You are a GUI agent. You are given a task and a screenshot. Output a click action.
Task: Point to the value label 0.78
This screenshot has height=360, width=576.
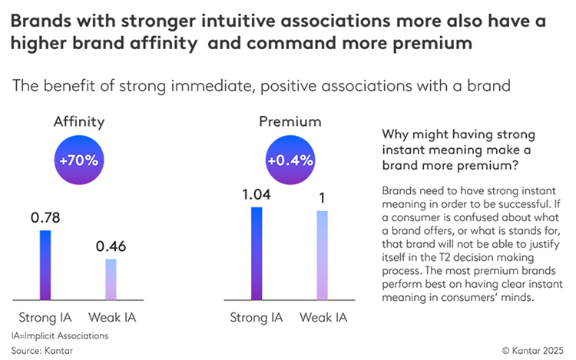[45, 217]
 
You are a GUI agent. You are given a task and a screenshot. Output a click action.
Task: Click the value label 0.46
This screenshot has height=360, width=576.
[111, 246]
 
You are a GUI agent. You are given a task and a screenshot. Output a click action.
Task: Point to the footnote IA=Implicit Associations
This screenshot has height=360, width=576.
[60, 335]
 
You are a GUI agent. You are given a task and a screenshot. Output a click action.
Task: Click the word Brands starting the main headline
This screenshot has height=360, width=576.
[41, 21]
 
